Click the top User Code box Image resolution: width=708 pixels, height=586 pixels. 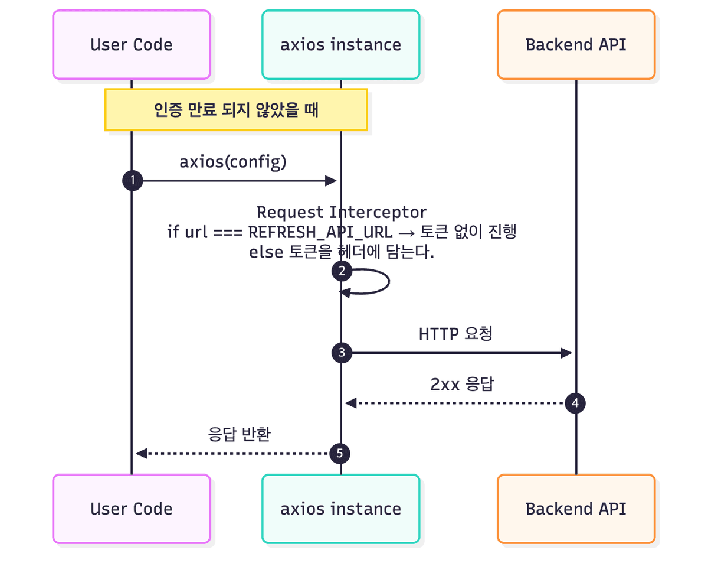point(132,44)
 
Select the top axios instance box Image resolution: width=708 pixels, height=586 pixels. point(341,44)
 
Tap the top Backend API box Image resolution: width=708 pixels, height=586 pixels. point(576,44)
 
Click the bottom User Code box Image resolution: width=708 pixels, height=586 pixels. point(132,509)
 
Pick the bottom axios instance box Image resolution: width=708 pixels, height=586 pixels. point(341,509)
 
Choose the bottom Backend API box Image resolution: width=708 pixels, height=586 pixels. point(576,509)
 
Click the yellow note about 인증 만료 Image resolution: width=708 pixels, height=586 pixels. point(236,110)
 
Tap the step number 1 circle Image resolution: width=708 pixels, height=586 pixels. point(132,181)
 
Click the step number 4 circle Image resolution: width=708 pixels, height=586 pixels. point(575,403)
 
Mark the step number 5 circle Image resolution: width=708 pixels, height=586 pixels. point(339,454)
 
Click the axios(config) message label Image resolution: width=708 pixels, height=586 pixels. point(233,162)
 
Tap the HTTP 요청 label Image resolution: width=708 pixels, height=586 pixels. point(455,334)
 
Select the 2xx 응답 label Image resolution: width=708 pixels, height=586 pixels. point(463,385)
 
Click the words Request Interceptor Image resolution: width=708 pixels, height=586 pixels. point(342,212)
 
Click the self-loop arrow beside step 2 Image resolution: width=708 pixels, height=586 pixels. point(378,282)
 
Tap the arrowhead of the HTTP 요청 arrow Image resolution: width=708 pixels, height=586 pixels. point(566,353)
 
